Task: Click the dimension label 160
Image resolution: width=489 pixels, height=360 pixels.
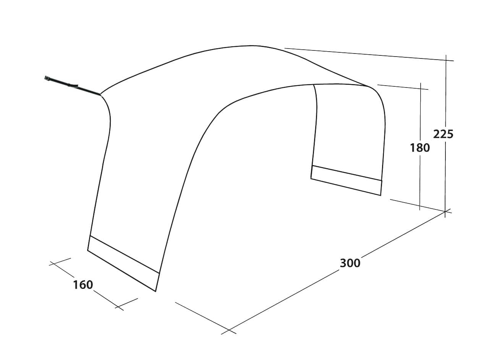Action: [x=83, y=285]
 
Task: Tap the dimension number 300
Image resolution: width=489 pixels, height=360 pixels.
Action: [x=350, y=263]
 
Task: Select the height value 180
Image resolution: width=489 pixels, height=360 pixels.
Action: [x=420, y=148]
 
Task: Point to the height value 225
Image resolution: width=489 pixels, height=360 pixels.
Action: [x=443, y=134]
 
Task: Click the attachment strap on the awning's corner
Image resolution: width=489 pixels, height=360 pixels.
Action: [x=73, y=85]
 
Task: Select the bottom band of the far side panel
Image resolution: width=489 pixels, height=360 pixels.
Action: [x=346, y=180]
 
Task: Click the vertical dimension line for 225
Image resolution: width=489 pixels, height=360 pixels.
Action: [x=446, y=136]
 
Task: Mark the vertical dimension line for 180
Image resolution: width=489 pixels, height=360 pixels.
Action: [x=420, y=146]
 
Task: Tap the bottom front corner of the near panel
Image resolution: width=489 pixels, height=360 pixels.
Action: [x=155, y=291]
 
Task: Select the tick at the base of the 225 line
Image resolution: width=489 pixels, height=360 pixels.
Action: [x=445, y=211]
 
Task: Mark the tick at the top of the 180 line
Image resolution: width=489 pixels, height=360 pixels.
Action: [x=421, y=89]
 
